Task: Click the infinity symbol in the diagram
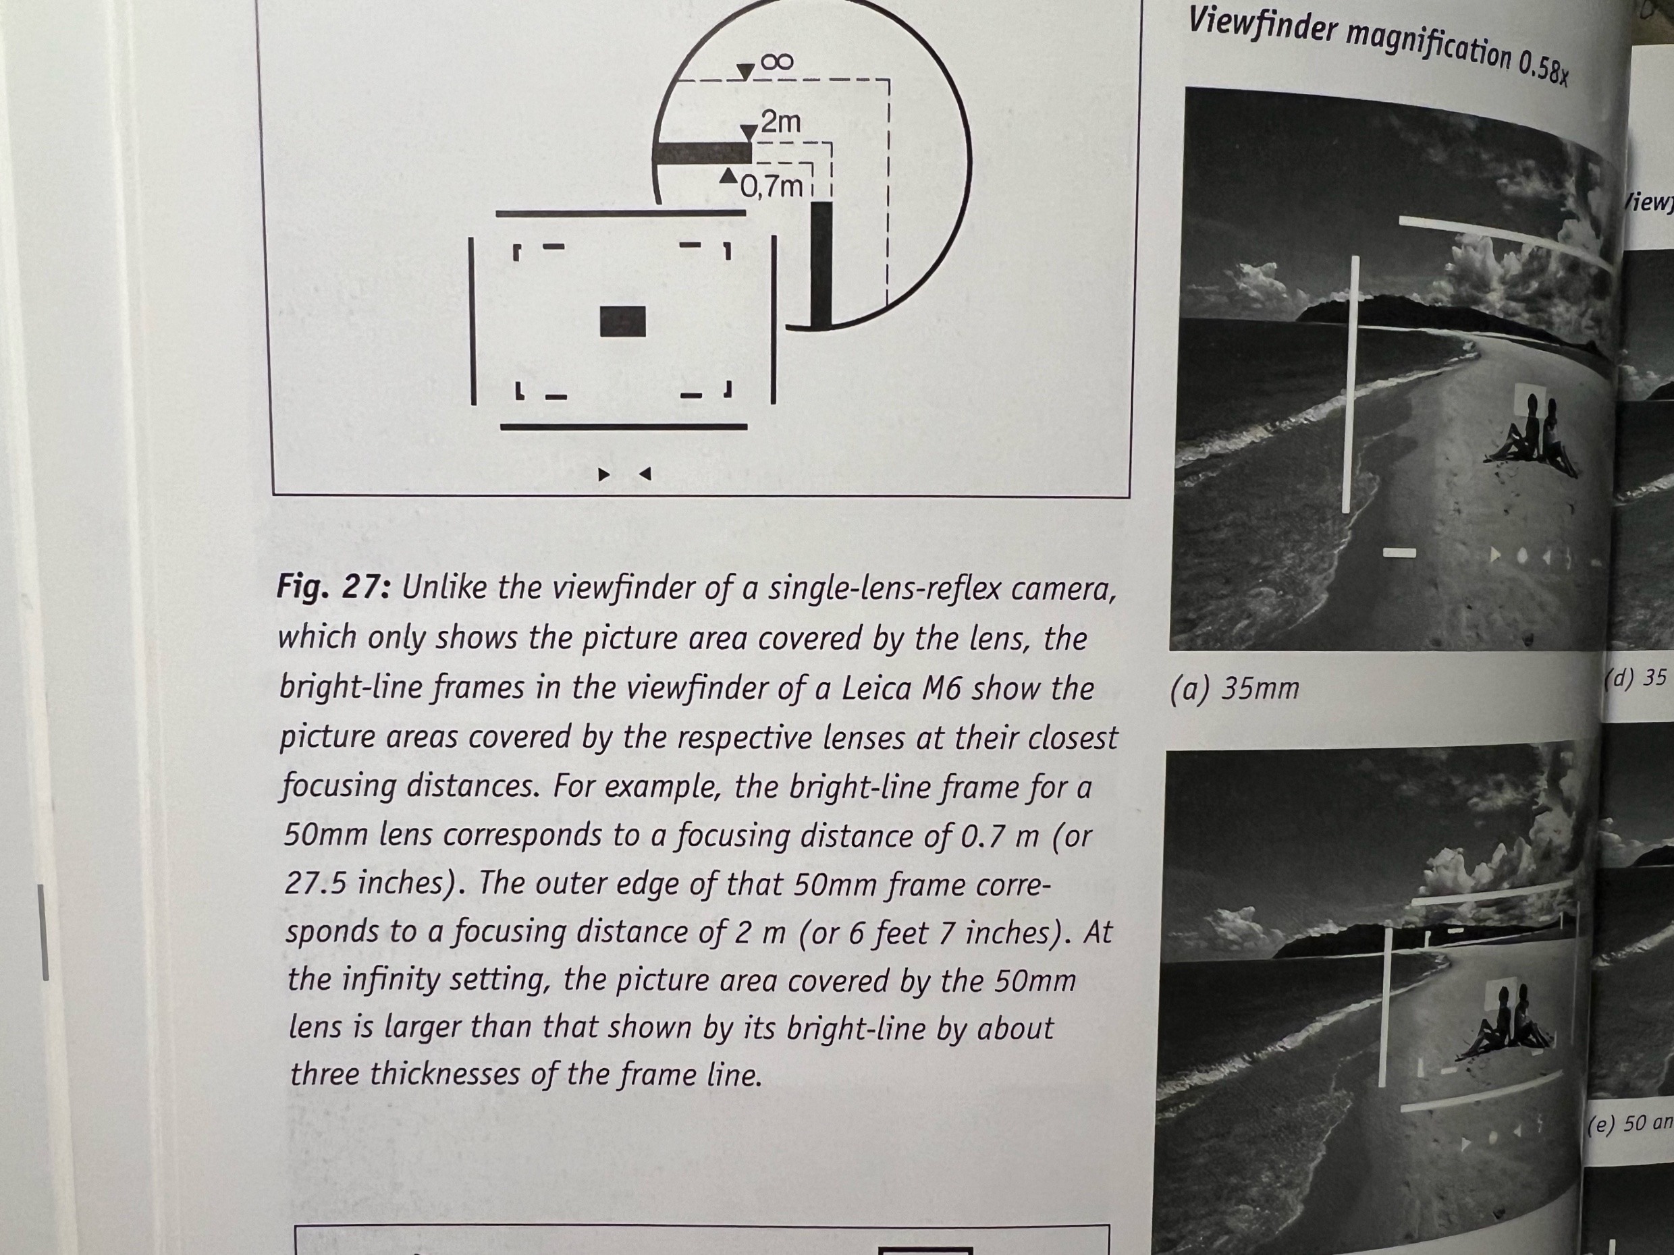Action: pos(776,62)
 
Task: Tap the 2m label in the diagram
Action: pos(780,122)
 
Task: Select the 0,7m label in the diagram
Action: pos(770,186)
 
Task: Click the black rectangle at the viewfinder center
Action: pos(622,321)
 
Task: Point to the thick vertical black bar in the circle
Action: pos(821,264)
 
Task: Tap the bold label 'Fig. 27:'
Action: pos(333,586)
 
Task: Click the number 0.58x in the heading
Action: pos(1542,66)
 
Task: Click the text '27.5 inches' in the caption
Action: pos(371,883)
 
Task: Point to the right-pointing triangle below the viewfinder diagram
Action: pos(603,474)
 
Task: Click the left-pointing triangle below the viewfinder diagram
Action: pos(645,474)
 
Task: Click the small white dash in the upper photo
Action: pos(1399,553)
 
